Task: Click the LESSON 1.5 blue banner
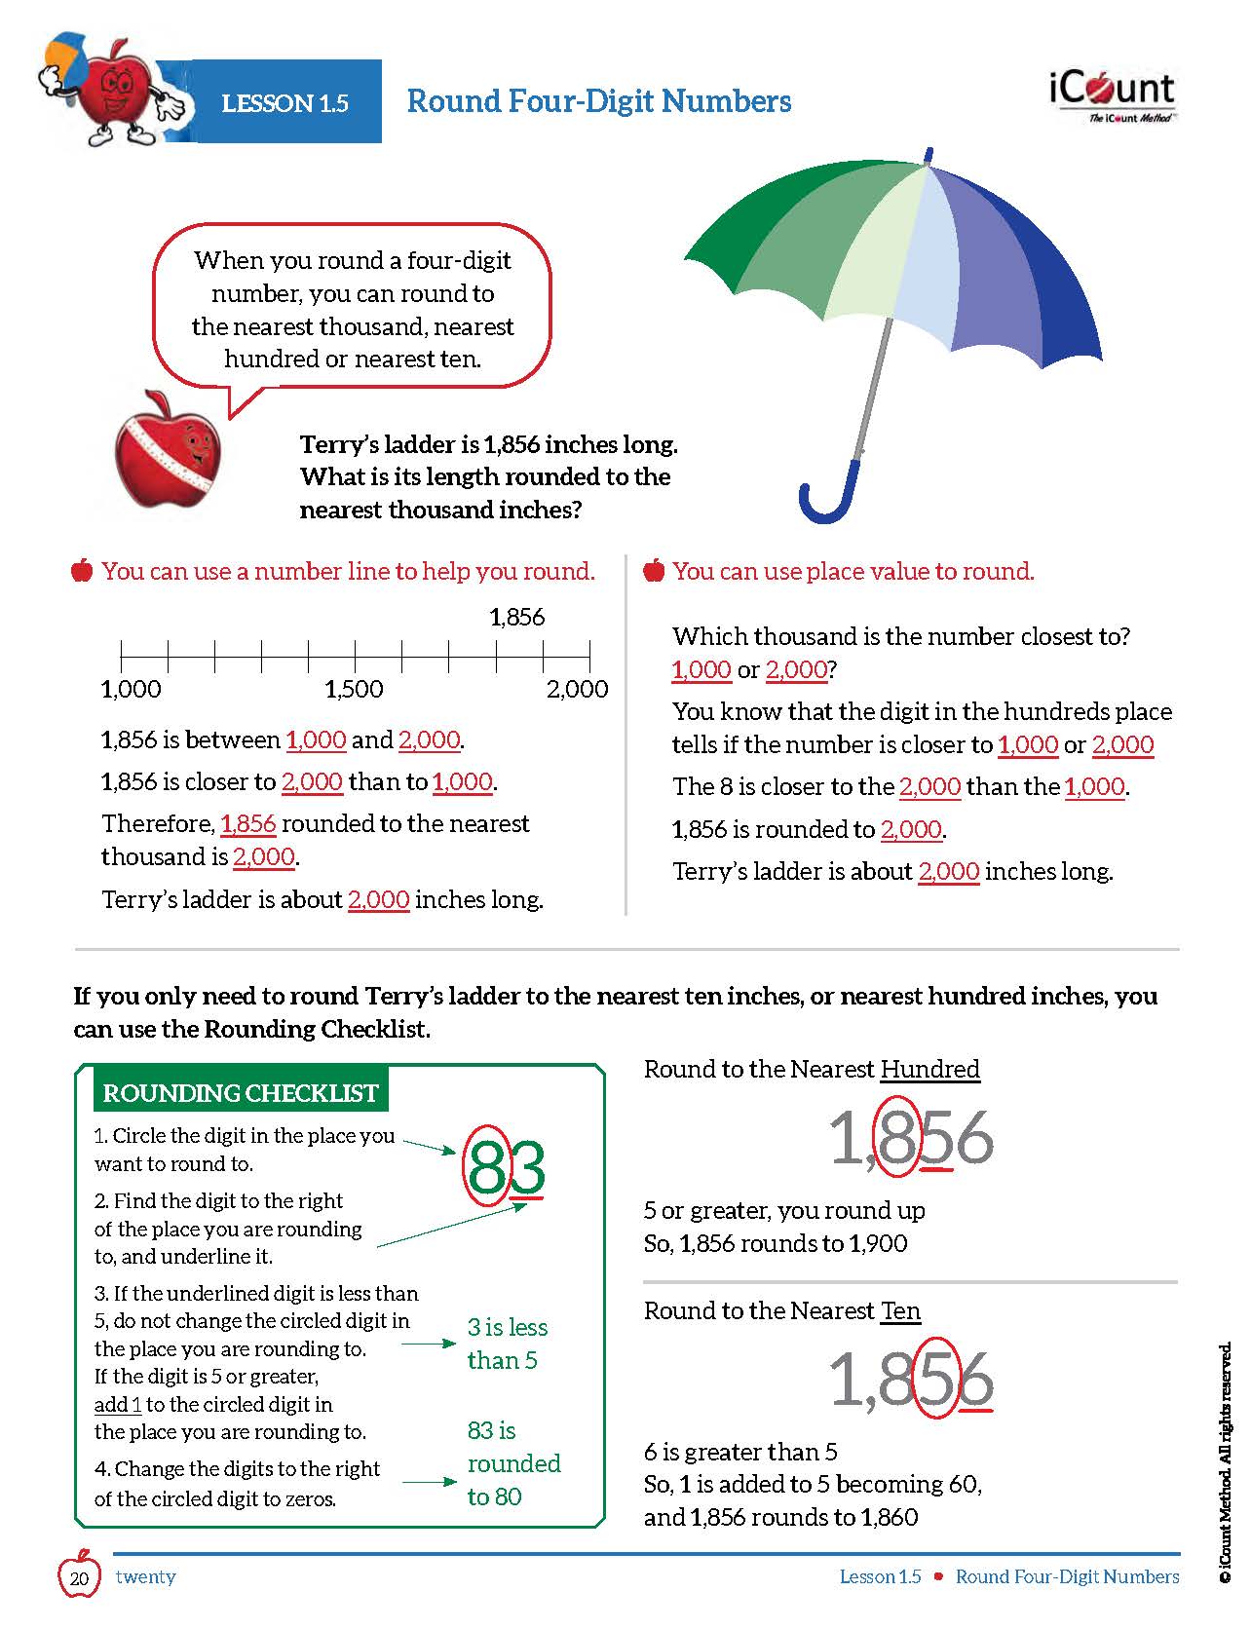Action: tap(284, 102)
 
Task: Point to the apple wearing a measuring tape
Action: tap(168, 451)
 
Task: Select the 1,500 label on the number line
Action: tap(354, 689)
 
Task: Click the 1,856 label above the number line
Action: tap(516, 617)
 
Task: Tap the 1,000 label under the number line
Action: tap(131, 689)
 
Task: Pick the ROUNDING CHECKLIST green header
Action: tap(240, 1092)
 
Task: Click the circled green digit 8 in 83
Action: tap(487, 1166)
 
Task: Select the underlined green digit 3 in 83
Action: tap(527, 1167)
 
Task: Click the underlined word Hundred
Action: tap(929, 1069)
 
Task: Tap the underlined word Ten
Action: tap(900, 1310)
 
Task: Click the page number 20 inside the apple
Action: tap(81, 1577)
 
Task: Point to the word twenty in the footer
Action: tap(145, 1576)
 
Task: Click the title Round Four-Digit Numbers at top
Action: tap(598, 101)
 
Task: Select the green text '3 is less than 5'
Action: tap(507, 1344)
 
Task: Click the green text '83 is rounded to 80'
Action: tap(512, 1462)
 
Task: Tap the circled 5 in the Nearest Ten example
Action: tap(935, 1380)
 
